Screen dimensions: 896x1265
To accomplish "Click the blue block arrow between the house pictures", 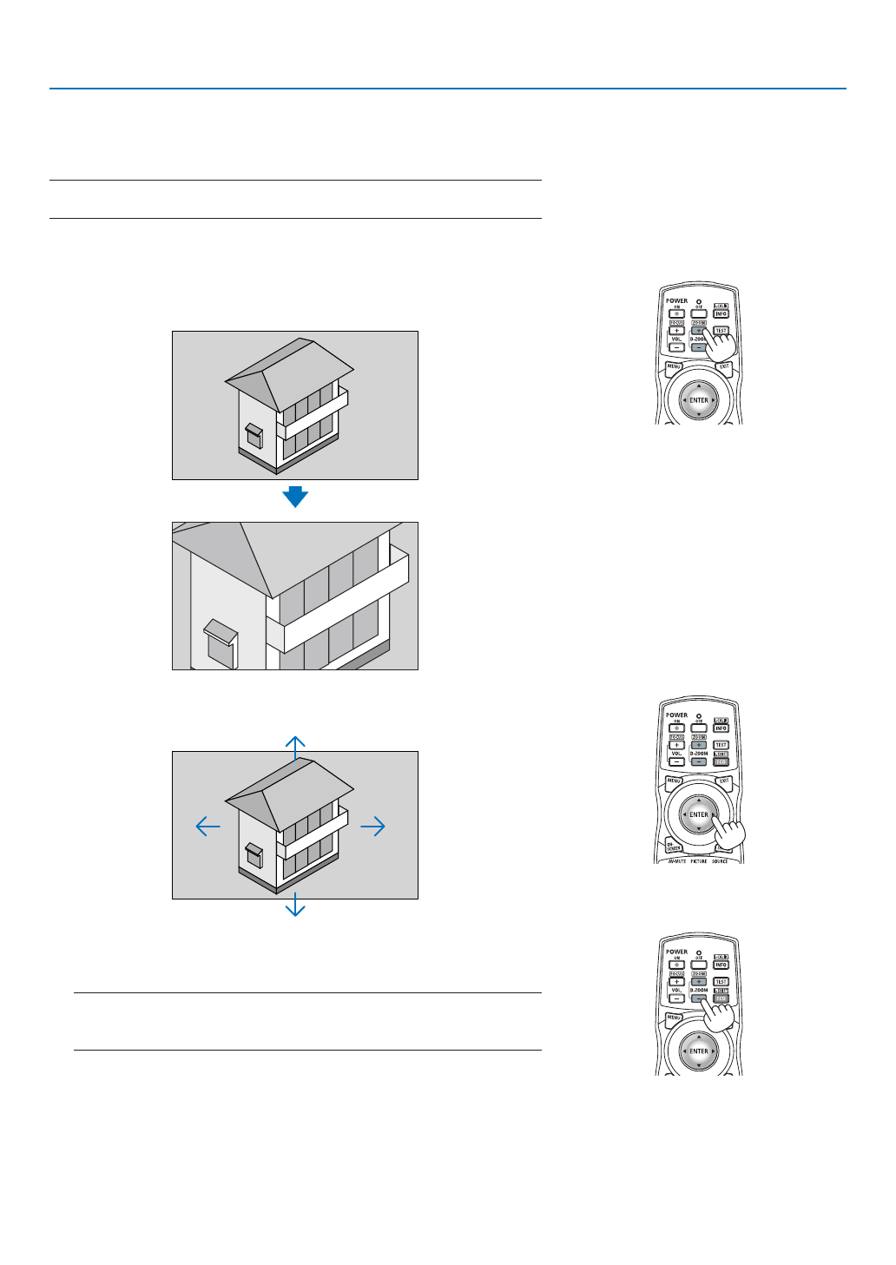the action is [x=295, y=497].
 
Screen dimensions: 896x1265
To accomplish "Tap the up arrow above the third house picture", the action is [x=295, y=744].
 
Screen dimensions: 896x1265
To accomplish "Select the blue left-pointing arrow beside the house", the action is [x=208, y=826].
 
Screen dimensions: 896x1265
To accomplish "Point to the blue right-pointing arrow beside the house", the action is [x=373, y=826].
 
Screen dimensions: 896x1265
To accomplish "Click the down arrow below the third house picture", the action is [x=295, y=906].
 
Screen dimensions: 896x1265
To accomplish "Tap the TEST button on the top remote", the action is [x=721, y=331].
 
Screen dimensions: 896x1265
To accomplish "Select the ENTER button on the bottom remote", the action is [x=699, y=1051].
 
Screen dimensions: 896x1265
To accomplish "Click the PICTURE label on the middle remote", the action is [x=699, y=861].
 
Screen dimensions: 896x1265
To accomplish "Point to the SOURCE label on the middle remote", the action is [x=720, y=861].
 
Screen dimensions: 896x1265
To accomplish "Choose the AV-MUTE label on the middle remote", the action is [x=677, y=861].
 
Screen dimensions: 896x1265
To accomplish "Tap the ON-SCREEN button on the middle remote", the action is [x=674, y=846].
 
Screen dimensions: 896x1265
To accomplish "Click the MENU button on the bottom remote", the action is [x=674, y=1017].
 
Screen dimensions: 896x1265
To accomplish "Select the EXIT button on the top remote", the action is [x=724, y=367].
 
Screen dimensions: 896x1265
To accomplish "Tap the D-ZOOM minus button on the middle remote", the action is [x=699, y=761].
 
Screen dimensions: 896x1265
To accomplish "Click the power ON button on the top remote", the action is [x=677, y=313].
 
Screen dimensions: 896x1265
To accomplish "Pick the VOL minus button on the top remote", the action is [x=676, y=347].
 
